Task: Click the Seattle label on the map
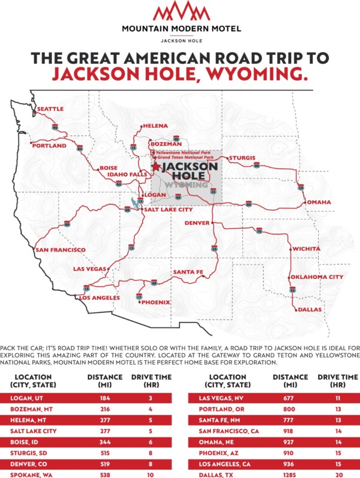click(x=50, y=110)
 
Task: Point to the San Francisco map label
click(x=61, y=250)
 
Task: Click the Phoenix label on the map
click(x=155, y=302)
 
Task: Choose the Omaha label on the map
click(x=319, y=202)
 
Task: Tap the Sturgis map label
click(x=242, y=158)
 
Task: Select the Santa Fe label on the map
click(x=188, y=272)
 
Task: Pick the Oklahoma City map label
click(x=317, y=277)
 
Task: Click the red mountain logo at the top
click(x=179, y=12)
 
